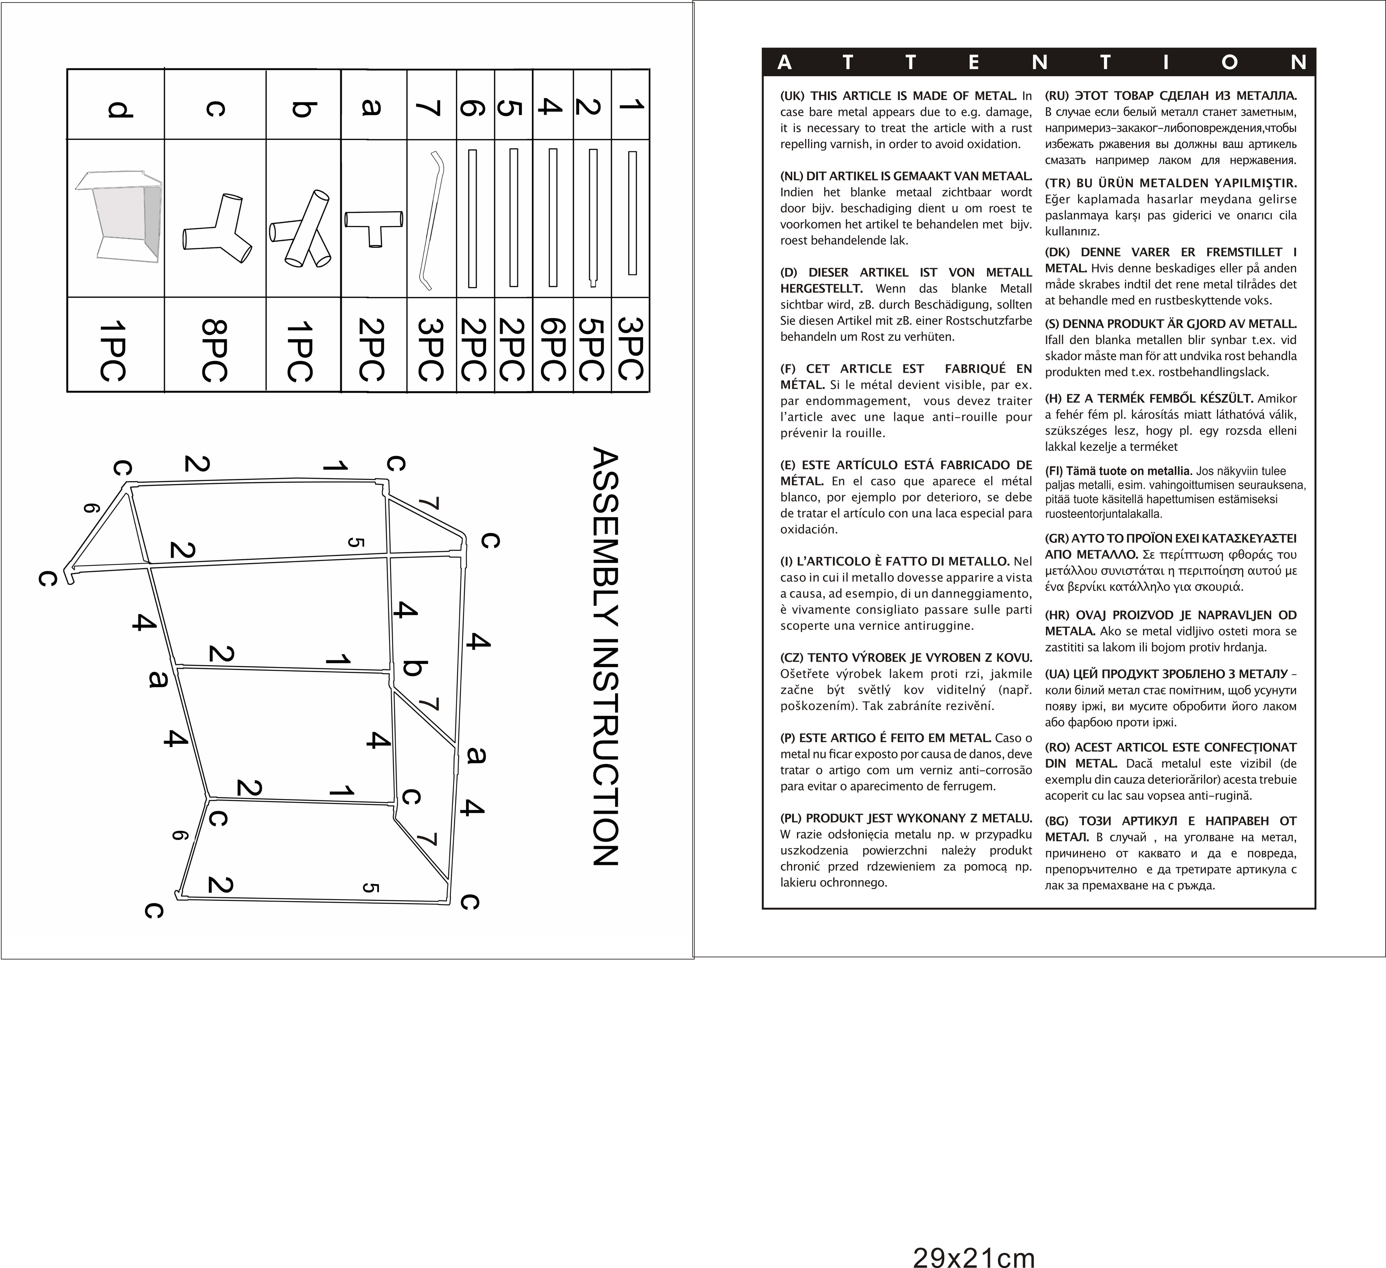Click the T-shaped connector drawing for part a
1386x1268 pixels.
click(373, 227)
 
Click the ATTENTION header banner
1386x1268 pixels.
click(1038, 63)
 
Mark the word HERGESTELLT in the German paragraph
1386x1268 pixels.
click(818, 289)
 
